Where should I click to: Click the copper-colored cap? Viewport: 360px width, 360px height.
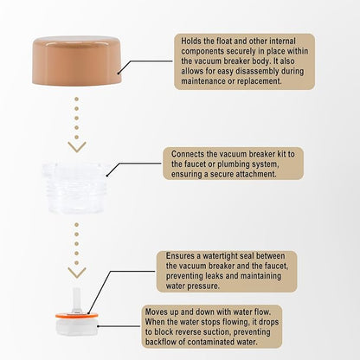(77, 61)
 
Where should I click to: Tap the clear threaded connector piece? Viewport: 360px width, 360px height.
(75, 188)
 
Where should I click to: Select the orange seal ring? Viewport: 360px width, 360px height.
(77, 315)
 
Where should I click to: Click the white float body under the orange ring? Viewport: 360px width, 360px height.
(77, 326)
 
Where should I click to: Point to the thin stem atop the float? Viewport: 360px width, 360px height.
(76, 300)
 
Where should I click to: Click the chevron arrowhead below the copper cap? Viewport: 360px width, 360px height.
(77, 146)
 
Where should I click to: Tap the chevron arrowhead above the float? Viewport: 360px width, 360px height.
(77, 273)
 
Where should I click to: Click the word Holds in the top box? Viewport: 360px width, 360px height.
(191, 41)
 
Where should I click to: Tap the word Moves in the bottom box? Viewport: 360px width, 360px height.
(156, 312)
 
